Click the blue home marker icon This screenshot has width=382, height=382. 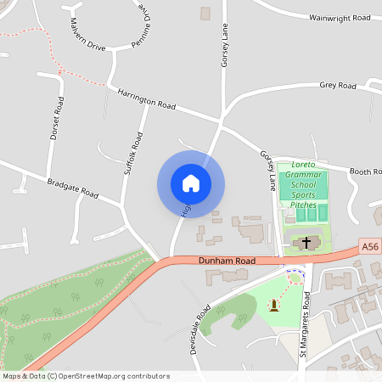click(x=190, y=183)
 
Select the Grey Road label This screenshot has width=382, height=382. click(x=338, y=86)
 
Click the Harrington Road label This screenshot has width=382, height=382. click(x=146, y=99)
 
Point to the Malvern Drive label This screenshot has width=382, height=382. click(x=88, y=34)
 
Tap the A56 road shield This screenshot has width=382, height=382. click(x=369, y=246)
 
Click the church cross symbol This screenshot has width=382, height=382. click(x=306, y=244)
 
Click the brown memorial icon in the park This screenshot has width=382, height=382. click(x=274, y=304)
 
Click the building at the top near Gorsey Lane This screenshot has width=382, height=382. click(x=205, y=14)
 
